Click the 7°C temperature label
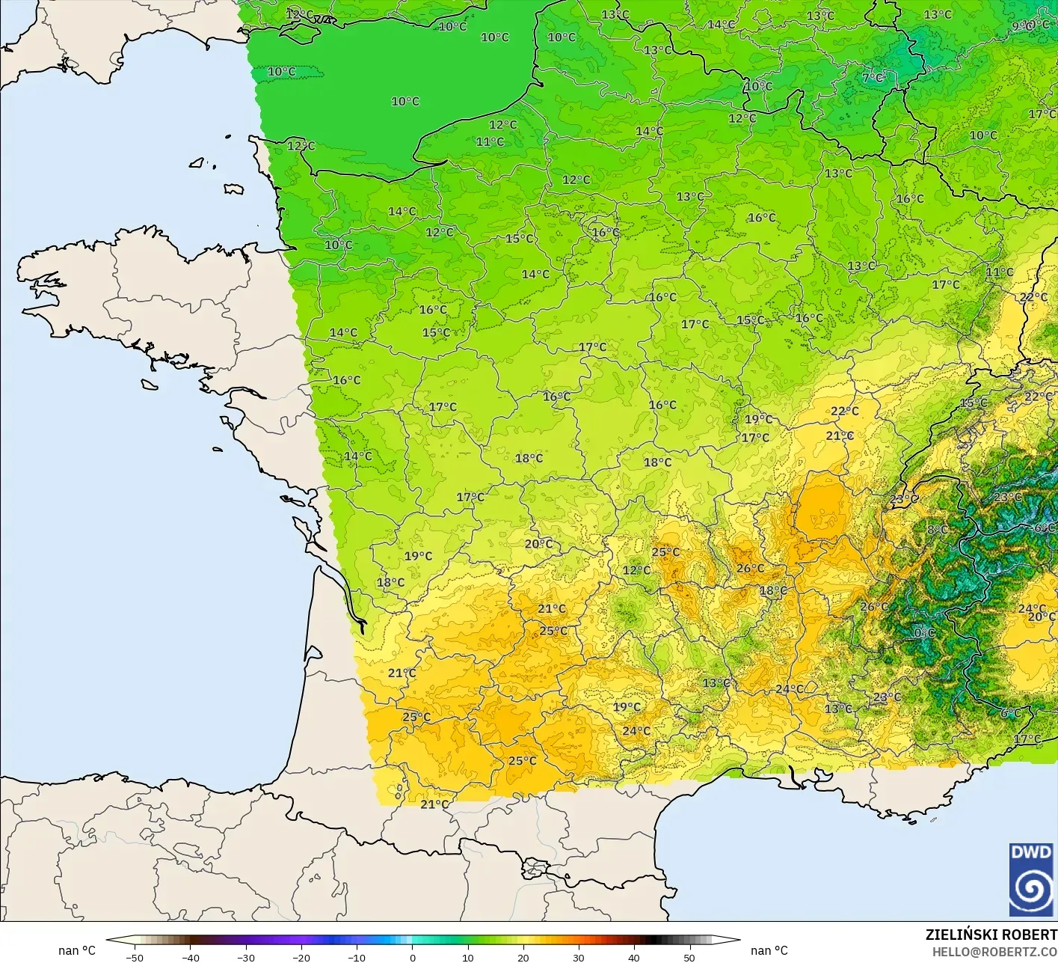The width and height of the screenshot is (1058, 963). (x=873, y=77)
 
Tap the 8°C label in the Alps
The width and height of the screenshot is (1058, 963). (x=938, y=530)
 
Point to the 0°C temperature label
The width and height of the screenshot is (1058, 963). (x=925, y=632)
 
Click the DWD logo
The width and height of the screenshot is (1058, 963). (x=1031, y=879)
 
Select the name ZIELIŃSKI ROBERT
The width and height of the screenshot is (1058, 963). (x=991, y=935)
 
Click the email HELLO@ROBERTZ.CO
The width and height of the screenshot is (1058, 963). (x=994, y=951)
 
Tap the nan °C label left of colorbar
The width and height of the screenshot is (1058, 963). (x=77, y=950)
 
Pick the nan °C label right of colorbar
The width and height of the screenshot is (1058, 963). (x=769, y=950)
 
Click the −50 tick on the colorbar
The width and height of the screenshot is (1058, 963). (x=135, y=957)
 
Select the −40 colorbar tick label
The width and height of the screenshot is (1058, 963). (x=191, y=957)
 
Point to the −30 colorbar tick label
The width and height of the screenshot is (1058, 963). (x=246, y=957)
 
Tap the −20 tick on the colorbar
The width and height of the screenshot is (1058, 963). (x=301, y=957)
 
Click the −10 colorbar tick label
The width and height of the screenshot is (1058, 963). (x=357, y=957)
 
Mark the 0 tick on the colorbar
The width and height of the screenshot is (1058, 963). (x=413, y=957)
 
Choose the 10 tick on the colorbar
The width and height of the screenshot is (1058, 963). (x=468, y=957)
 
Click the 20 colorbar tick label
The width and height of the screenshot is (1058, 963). (x=523, y=957)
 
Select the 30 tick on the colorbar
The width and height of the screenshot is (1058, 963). (x=579, y=957)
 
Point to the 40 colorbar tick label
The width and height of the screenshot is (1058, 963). (x=634, y=957)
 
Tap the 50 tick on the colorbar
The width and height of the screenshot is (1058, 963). (x=689, y=957)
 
